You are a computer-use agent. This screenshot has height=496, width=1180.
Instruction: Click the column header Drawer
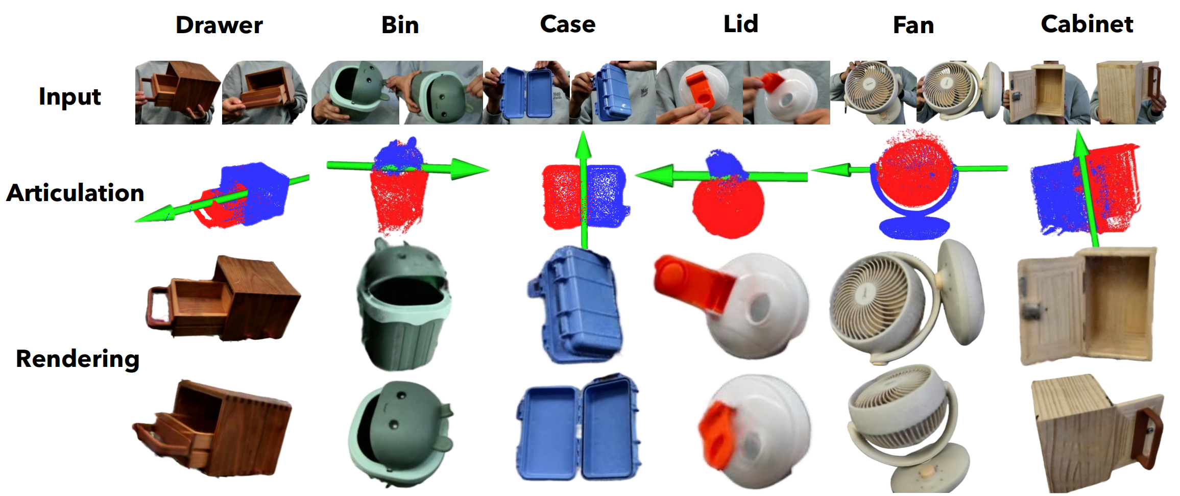click(x=219, y=25)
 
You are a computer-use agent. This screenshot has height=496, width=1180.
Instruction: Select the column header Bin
click(x=400, y=25)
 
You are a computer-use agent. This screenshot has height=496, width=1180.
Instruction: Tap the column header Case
click(x=567, y=24)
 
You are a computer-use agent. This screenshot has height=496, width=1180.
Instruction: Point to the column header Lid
click(x=740, y=24)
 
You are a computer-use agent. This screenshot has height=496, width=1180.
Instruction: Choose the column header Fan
click(x=913, y=25)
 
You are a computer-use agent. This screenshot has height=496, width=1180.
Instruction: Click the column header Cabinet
click(x=1087, y=24)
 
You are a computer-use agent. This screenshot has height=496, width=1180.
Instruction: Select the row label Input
click(x=70, y=96)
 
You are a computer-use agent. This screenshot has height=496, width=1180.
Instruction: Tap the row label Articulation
click(x=75, y=193)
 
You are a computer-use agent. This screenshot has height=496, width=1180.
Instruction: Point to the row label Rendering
click(x=78, y=359)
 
